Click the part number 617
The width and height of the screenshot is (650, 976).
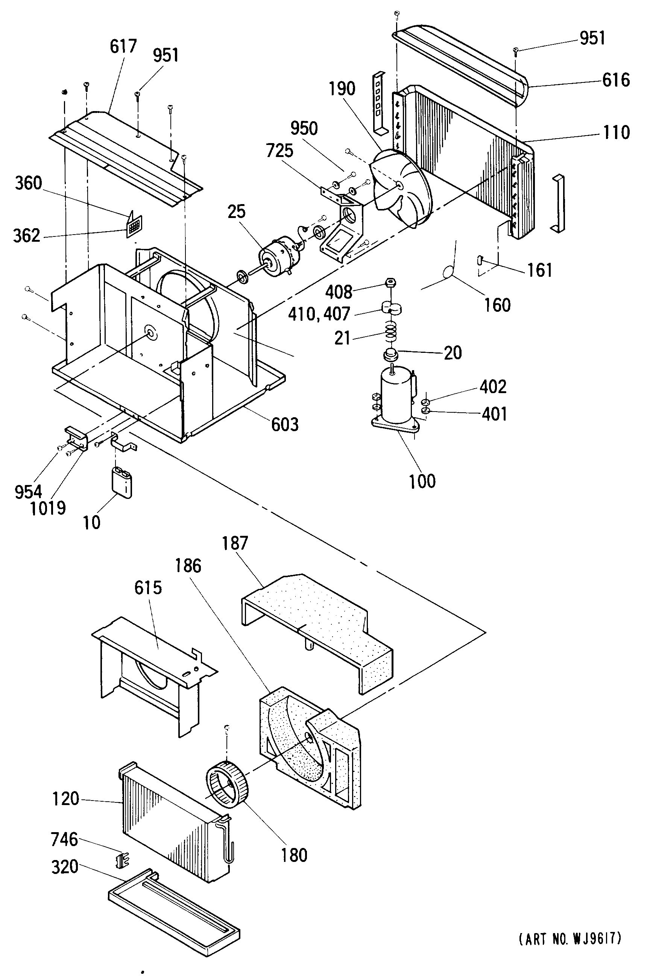(x=123, y=46)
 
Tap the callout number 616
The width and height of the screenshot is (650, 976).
(x=616, y=80)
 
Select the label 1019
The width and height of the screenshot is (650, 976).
(x=48, y=508)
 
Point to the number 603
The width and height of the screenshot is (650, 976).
(x=285, y=424)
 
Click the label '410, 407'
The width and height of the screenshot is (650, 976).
(x=319, y=314)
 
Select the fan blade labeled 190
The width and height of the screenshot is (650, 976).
(x=400, y=189)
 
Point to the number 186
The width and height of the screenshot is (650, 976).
(x=188, y=566)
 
